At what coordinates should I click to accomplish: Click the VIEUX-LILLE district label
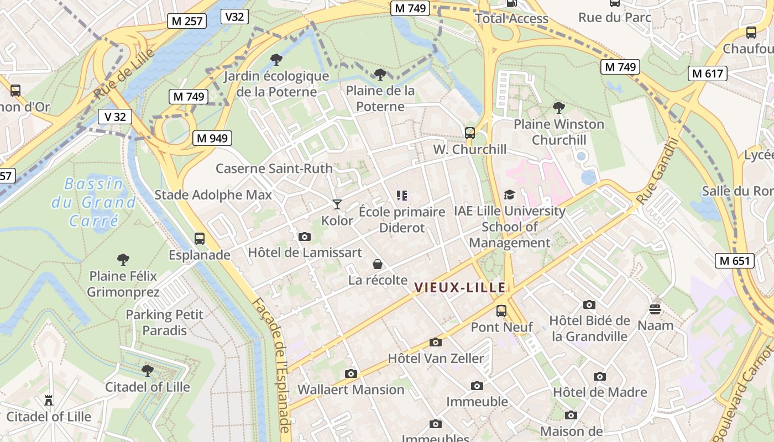(460, 287)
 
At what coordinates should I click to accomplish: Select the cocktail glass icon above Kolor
(337, 204)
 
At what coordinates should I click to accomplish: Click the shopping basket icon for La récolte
(378, 264)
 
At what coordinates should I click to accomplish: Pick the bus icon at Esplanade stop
(200, 239)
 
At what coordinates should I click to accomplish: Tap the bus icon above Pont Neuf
(501, 311)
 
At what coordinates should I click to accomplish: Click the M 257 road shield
(187, 22)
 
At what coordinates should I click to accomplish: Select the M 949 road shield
(212, 138)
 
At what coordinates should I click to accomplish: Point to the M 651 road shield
(735, 261)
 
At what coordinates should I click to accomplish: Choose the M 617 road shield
(707, 73)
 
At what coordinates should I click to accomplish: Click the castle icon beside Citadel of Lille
(49, 400)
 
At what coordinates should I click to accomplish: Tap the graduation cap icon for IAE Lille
(509, 194)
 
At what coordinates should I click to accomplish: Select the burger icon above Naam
(655, 309)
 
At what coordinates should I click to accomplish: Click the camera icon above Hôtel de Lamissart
(304, 236)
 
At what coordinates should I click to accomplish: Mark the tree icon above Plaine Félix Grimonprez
(123, 259)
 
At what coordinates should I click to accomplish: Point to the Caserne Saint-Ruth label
(274, 169)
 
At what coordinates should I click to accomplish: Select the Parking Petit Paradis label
(165, 323)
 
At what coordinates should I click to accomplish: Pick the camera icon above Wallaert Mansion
(351, 373)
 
